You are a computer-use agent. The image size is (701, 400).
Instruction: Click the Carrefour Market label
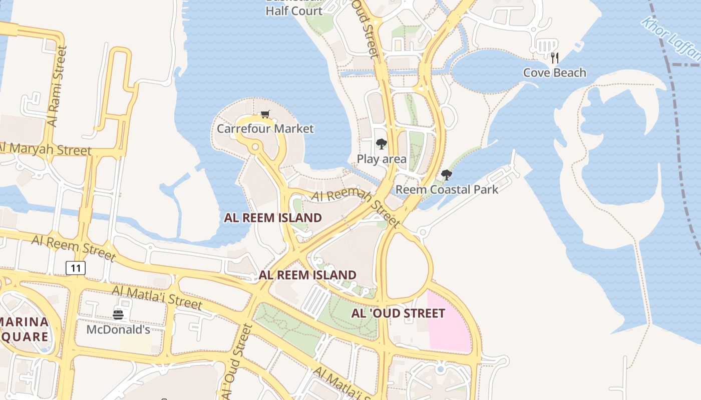(x=265, y=128)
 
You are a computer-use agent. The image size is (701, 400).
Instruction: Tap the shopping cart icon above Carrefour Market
(x=265, y=114)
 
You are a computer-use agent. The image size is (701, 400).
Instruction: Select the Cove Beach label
(x=554, y=72)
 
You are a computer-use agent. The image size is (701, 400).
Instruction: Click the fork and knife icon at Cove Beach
(x=554, y=57)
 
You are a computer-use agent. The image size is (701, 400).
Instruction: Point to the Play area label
(x=382, y=159)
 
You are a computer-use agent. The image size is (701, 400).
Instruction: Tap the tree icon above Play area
(x=382, y=144)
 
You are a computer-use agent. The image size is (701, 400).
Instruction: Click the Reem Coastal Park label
(x=447, y=189)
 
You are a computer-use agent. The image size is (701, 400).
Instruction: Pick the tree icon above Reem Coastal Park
(x=446, y=175)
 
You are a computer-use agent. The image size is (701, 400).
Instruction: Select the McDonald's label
(x=118, y=329)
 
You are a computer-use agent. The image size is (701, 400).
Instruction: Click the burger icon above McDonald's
(x=118, y=314)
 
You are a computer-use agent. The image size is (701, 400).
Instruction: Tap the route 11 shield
(x=76, y=268)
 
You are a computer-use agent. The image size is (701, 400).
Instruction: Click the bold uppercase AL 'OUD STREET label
(x=398, y=313)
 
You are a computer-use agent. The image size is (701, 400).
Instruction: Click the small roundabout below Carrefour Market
(x=255, y=147)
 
